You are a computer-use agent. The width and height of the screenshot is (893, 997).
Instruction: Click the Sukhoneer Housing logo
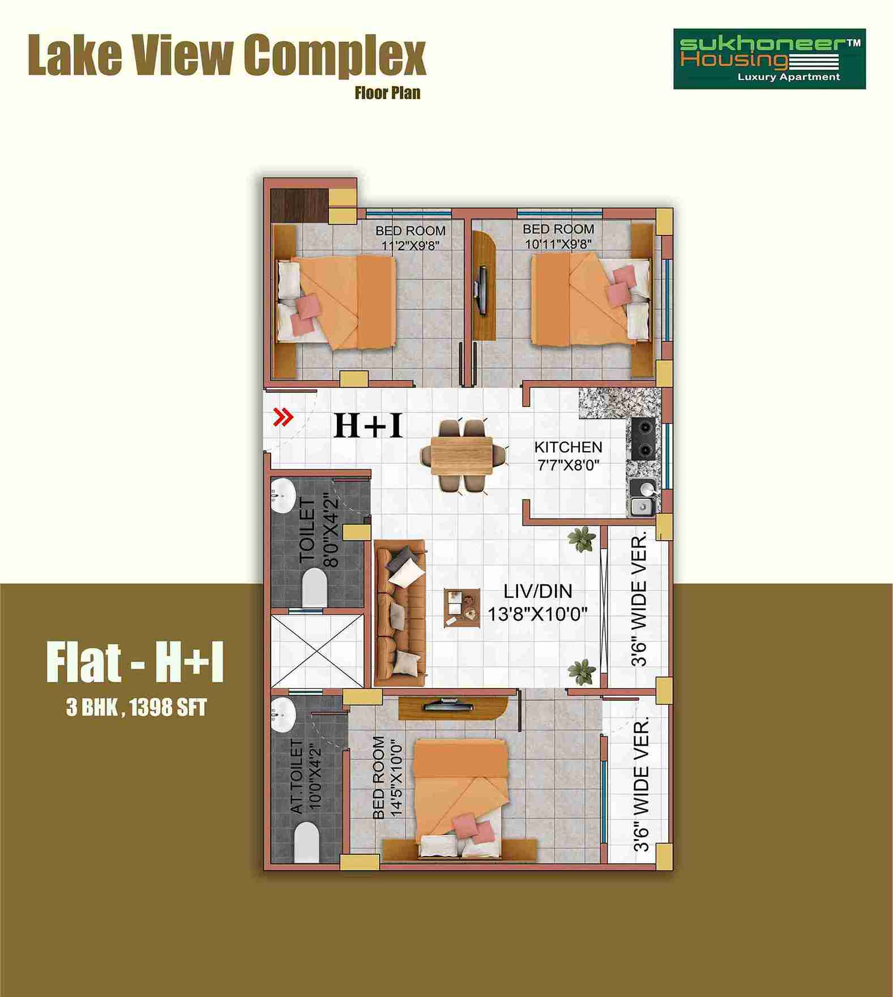tap(769, 59)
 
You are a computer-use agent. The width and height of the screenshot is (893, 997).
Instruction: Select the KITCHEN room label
tap(568, 447)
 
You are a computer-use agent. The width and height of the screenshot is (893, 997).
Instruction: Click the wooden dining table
tap(462, 455)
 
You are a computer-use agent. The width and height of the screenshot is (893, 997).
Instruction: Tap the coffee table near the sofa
tap(462, 607)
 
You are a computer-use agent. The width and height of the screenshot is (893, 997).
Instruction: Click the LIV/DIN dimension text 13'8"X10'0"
tap(537, 614)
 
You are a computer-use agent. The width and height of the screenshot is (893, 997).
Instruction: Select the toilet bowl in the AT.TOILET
tap(306, 842)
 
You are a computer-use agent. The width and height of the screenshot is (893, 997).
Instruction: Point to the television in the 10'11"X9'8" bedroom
tap(481, 289)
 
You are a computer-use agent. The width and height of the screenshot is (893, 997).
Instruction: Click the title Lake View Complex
tap(227, 55)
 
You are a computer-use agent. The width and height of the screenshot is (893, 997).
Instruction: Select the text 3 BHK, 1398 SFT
tap(136, 708)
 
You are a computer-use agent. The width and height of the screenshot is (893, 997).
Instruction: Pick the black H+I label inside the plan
tap(369, 425)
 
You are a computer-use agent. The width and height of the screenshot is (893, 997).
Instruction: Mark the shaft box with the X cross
tap(317, 651)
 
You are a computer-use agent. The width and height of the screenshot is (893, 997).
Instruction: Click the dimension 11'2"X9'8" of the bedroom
tap(411, 245)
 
